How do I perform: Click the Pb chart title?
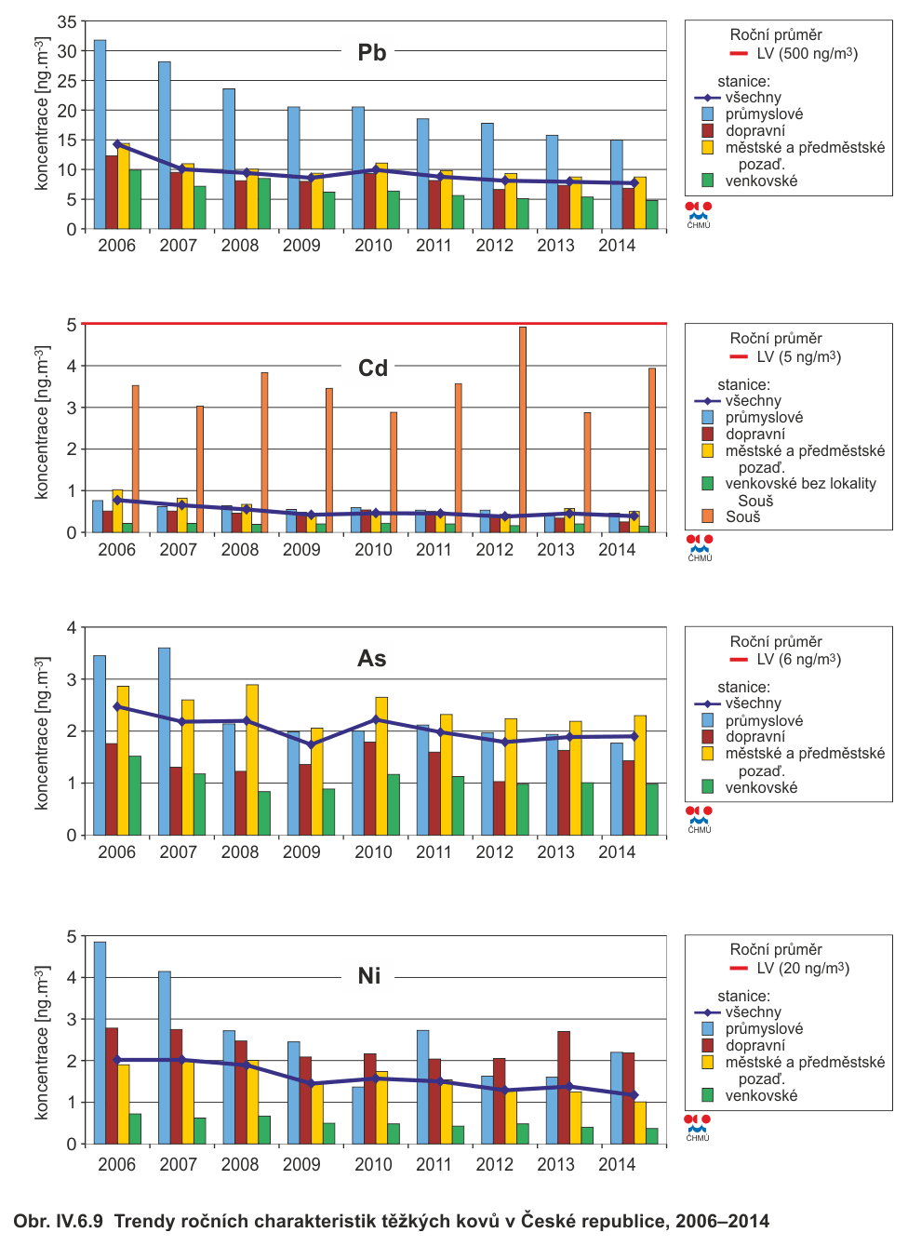[x=372, y=53]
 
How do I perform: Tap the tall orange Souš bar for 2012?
[x=523, y=428]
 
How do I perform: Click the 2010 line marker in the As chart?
[x=376, y=719]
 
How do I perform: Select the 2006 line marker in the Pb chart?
[x=117, y=144]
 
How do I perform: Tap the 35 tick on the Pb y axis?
[x=67, y=21]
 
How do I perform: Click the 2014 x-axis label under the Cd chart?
[x=617, y=550]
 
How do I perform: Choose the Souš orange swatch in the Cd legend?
[x=708, y=516]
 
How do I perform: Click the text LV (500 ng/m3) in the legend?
[x=807, y=54]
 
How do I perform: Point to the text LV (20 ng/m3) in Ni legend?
[x=802, y=969]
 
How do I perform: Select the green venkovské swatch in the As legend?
[x=708, y=787]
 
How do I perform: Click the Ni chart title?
[x=369, y=975]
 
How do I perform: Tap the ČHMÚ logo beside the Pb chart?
[x=699, y=214]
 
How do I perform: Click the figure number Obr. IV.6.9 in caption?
[x=58, y=1221]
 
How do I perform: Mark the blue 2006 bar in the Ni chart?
[x=100, y=1042]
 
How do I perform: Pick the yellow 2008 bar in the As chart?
[x=252, y=759]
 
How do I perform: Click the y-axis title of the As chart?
[x=42, y=732]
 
